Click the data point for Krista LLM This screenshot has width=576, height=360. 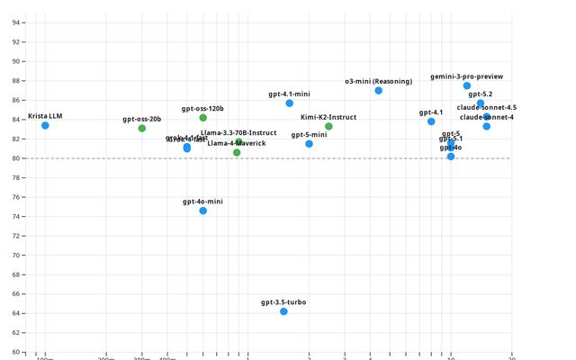click(x=45, y=125)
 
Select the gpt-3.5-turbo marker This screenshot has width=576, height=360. click(x=283, y=311)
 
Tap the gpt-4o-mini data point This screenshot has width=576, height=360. click(x=203, y=211)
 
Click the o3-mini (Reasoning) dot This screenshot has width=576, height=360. click(x=379, y=91)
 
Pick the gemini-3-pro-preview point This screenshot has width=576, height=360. click(x=467, y=85)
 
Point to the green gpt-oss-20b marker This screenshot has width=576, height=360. click(x=142, y=129)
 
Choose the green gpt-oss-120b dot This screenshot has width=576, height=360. click(x=203, y=118)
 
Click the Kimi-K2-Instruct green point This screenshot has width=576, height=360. click(x=328, y=126)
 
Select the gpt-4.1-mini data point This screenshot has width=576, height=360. click(x=290, y=103)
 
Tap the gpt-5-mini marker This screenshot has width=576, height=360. click(x=309, y=144)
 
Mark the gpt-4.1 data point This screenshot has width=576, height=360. click(x=431, y=121)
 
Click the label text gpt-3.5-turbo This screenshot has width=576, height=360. click(x=283, y=302)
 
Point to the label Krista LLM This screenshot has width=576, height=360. click(x=45, y=116)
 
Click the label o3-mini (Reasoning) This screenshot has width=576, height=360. click(x=378, y=82)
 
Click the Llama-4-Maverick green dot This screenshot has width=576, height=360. click(x=237, y=153)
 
